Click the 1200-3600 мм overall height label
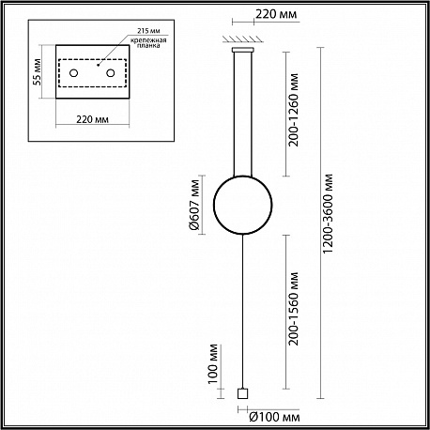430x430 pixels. coord(328,214)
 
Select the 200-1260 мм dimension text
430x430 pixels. coord(294,110)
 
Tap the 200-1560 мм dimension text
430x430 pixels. coord(294,309)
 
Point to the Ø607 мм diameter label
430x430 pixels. coord(194,205)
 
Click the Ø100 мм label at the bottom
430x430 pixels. coord(274,417)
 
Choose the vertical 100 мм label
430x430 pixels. coord(212,363)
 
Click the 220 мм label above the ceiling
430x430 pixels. coord(276,14)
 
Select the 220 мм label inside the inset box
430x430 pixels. coord(93,119)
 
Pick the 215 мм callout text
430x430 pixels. coord(148,31)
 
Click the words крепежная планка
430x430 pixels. coord(148,42)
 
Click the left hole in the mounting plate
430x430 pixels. coord(73,73)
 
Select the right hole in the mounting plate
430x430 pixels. coord(110,73)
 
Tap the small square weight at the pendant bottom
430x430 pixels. coord(242,393)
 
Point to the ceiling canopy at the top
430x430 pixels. coord(243,50)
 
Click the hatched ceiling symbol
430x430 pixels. coord(243,38)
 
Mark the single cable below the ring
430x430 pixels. coord(242,312)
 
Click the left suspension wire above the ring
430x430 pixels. coord(234,115)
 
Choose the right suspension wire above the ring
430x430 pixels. coord(252,115)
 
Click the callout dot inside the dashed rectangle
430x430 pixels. coord(98,66)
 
